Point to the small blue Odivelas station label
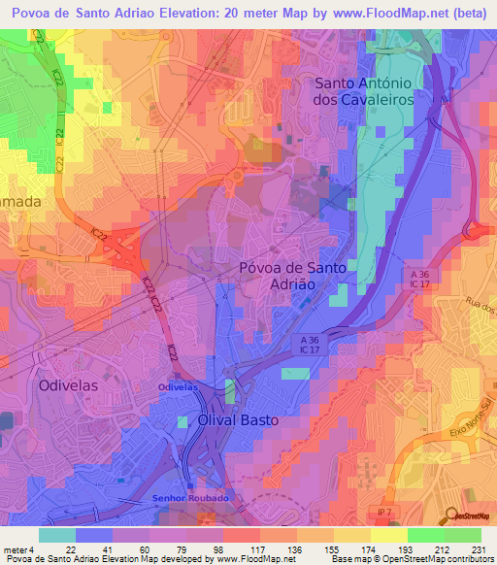[178, 386]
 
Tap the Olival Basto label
[238, 420]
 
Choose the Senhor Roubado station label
[190, 498]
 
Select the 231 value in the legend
[480, 549]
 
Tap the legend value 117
[259, 549]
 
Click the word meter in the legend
[16, 549]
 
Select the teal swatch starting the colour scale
[56, 535]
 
